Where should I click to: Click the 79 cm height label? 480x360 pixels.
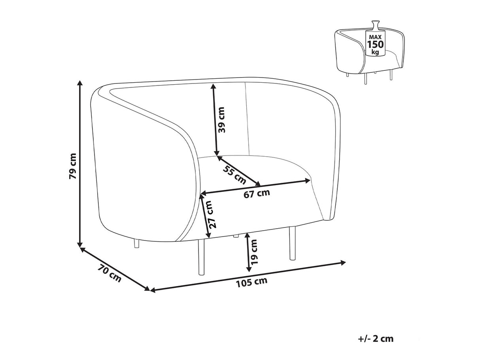(x=73, y=166)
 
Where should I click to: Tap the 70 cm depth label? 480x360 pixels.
(x=110, y=273)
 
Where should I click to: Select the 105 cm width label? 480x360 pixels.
(x=251, y=283)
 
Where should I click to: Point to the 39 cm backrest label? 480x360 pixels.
(x=222, y=119)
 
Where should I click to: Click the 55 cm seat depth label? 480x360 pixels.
(x=234, y=174)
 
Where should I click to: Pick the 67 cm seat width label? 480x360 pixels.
(x=257, y=193)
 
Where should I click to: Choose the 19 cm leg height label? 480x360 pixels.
(x=254, y=252)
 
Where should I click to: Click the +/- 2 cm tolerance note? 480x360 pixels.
(x=376, y=339)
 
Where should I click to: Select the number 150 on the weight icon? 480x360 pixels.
(x=375, y=44)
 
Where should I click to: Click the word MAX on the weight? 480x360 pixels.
(x=375, y=37)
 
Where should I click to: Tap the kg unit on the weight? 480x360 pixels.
(x=376, y=52)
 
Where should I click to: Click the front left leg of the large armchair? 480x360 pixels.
(x=201, y=257)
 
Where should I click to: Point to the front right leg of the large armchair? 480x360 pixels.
(x=292, y=243)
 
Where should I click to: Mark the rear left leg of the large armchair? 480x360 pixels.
(x=136, y=243)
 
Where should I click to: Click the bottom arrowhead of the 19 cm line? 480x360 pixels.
(x=249, y=269)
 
